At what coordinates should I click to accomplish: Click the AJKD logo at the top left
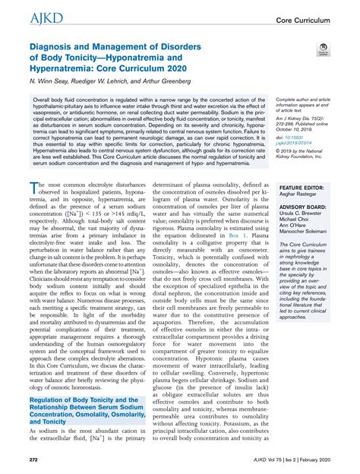pyautogui.click(x=26, y=17)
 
